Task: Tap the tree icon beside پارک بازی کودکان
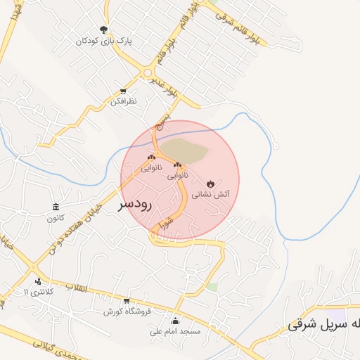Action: click(x=104, y=30)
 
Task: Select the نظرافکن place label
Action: click(x=124, y=103)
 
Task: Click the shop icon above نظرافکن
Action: click(x=124, y=92)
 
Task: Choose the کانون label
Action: click(x=56, y=217)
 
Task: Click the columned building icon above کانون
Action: click(x=56, y=207)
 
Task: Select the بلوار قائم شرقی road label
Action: click(x=234, y=22)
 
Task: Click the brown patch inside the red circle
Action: click(x=185, y=150)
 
